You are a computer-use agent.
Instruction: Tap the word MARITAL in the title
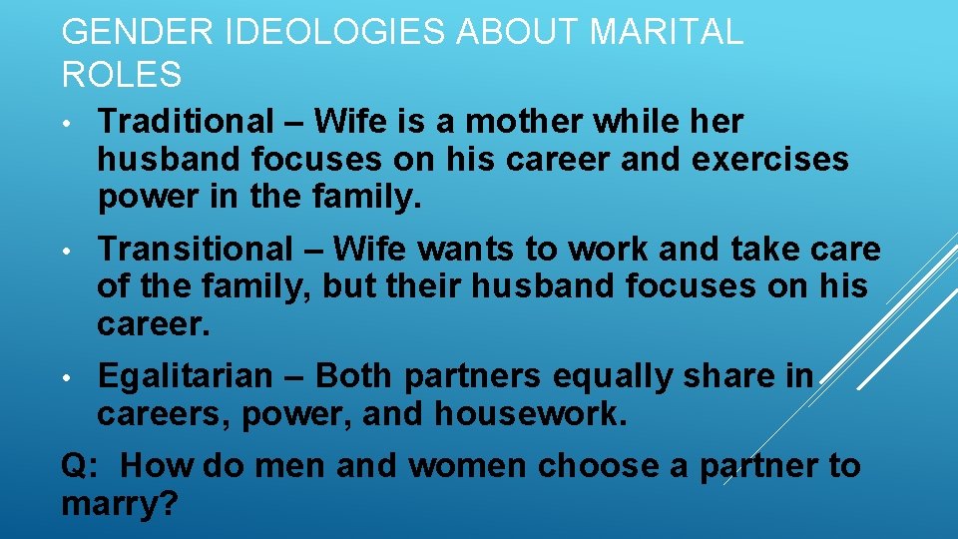pos(667,32)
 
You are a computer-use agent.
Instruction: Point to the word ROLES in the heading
pos(122,75)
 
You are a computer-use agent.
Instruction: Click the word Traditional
pos(186,122)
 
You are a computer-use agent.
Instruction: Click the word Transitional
pos(197,249)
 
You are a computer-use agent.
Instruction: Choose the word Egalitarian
pos(185,376)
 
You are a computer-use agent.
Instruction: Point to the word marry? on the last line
pos(120,504)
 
